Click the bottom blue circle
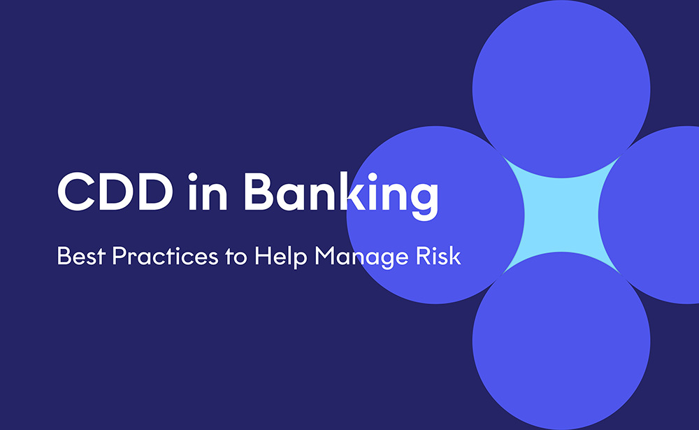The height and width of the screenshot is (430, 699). click(x=561, y=350)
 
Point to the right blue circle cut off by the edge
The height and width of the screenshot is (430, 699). click(x=657, y=215)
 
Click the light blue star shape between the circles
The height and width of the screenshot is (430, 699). click(x=561, y=214)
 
